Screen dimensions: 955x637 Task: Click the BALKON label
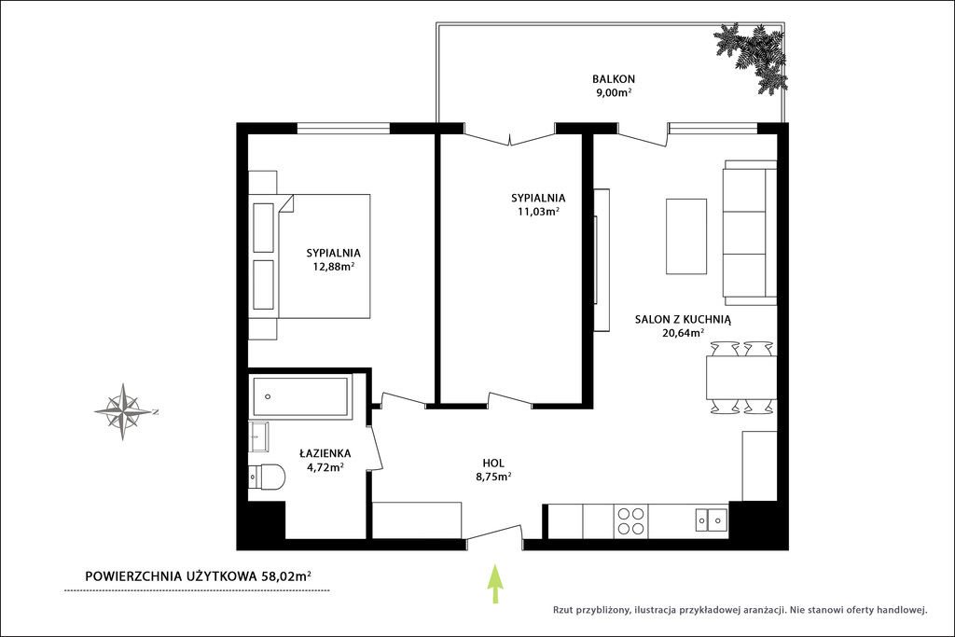pyautogui.click(x=614, y=79)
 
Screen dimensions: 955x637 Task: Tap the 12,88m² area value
pyautogui.click(x=334, y=267)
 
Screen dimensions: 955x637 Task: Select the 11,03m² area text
pyautogui.click(x=538, y=212)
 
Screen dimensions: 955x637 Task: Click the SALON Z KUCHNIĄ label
pyautogui.click(x=683, y=319)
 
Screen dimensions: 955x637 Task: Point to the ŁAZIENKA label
pyautogui.click(x=325, y=453)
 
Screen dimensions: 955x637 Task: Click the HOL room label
pyautogui.click(x=493, y=464)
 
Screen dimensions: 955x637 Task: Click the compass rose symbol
pyautogui.click(x=124, y=412)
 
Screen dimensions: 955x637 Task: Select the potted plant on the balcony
pyautogui.click(x=750, y=57)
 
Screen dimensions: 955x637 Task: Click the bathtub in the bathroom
pyautogui.click(x=301, y=397)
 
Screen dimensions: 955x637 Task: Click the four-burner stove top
pyautogui.click(x=631, y=521)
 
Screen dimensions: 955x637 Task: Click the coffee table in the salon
pyautogui.click(x=686, y=236)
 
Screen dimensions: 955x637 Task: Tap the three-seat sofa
pyautogui.click(x=750, y=232)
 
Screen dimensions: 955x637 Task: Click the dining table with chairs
pyautogui.click(x=741, y=378)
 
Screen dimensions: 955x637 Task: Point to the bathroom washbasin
pyautogui.click(x=259, y=436)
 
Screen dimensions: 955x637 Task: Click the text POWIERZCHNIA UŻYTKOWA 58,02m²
pyautogui.click(x=199, y=576)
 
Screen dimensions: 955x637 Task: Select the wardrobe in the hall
pyautogui.click(x=417, y=520)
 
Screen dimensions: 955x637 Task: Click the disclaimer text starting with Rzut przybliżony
pyautogui.click(x=740, y=610)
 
